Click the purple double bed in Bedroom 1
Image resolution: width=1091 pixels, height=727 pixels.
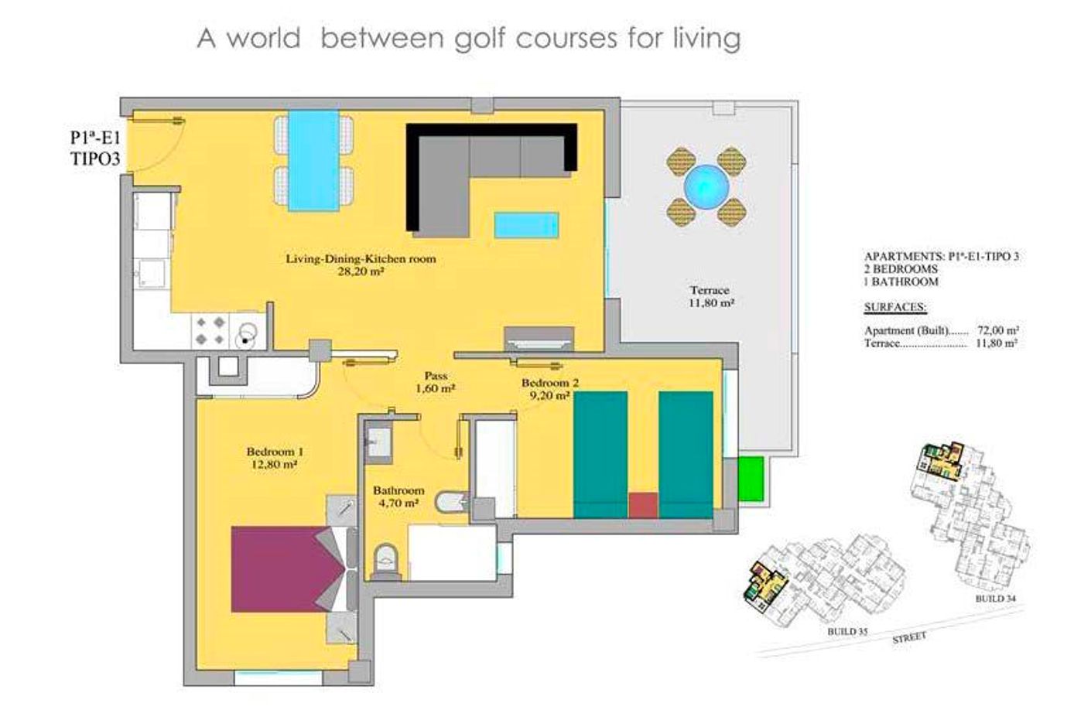coord(282,568)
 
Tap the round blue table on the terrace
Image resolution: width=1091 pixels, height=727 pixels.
coord(706,187)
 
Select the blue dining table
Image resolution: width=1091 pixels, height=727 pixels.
coord(313,160)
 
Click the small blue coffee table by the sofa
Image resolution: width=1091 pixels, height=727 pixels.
coord(526,225)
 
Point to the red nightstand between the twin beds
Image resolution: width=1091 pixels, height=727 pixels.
coord(643,505)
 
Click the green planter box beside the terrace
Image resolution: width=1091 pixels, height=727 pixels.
coord(750,479)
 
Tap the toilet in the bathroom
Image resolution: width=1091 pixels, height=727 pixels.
coord(386,561)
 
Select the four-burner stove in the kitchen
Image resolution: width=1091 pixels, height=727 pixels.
coord(210,331)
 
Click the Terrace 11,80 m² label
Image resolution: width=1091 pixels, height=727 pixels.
coord(710,296)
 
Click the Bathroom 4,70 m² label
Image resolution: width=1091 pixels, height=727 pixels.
coord(398,497)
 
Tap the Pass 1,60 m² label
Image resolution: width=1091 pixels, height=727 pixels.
coord(436,382)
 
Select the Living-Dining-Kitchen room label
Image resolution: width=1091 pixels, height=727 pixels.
coord(361,258)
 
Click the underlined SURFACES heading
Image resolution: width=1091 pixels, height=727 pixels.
coord(895,307)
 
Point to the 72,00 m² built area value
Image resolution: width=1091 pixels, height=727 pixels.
coord(997,330)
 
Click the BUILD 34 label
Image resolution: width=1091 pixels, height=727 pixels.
coord(996,599)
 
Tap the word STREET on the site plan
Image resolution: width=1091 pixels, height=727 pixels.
coord(909,637)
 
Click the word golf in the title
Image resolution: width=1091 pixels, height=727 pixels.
coord(481,39)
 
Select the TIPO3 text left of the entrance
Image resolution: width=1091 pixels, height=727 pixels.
coord(95,159)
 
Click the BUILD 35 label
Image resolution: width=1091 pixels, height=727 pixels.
coord(847,632)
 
